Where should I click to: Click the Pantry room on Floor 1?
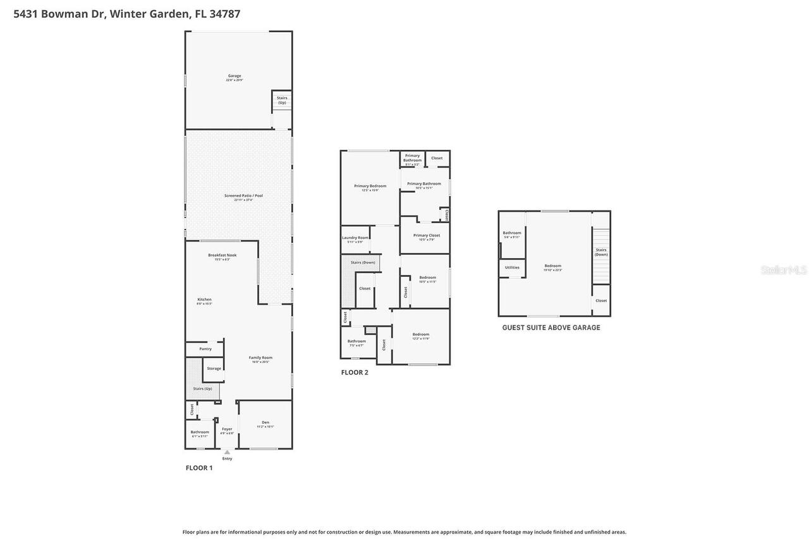(205, 349)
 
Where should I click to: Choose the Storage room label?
(214, 369)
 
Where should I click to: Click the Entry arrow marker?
(227, 452)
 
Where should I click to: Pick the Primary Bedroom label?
(370, 187)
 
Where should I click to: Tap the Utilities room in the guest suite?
(512, 267)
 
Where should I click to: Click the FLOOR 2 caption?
(355, 372)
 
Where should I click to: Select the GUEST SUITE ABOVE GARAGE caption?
(551, 328)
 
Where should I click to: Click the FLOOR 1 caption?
(199, 468)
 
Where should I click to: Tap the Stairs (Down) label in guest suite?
(601, 252)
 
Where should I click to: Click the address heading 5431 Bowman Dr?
(127, 14)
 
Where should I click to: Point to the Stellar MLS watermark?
(784, 270)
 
